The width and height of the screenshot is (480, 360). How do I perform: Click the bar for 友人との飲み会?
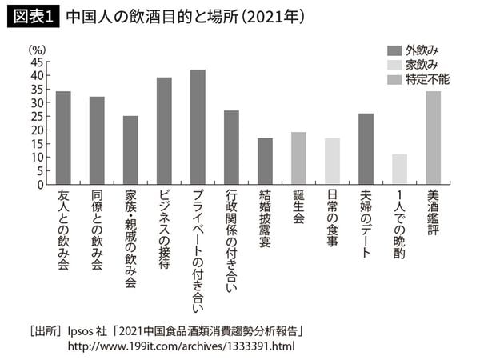click(63, 138)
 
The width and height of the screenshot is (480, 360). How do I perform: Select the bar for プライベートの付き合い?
click(198, 127)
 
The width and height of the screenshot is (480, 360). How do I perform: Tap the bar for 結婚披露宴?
click(265, 161)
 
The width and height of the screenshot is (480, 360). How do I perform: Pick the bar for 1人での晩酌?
click(400, 169)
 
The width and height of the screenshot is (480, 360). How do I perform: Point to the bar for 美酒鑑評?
click(434, 138)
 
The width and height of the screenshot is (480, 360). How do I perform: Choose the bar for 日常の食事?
click(333, 161)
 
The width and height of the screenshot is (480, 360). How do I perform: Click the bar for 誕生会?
click(298, 158)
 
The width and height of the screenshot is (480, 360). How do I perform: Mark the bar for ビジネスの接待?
click(164, 131)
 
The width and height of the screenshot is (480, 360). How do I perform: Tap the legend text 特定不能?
click(428, 79)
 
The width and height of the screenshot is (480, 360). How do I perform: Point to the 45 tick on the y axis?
click(38, 62)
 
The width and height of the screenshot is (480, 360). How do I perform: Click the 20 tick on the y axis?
click(38, 130)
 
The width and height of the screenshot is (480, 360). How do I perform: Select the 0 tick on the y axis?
click(41, 184)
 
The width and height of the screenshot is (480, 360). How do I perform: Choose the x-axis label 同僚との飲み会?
click(97, 230)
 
